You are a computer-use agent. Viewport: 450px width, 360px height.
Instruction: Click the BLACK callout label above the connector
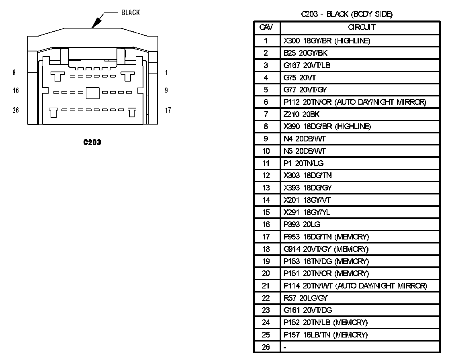pyautogui.click(x=131, y=12)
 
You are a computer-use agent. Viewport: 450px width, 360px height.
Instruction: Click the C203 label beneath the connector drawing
pyautogui.click(x=92, y=142)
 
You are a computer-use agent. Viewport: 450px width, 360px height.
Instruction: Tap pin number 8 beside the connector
pyautogui.click(x=14, y=73)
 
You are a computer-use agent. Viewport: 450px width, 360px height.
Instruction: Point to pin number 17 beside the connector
pyautogui.click(x=168, y=110)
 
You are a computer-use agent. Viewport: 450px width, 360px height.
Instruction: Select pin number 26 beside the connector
pyautogui.click(x=16, y=110)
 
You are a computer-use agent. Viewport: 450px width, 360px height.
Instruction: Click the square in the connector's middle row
pyautogui.click(x=92, y=93)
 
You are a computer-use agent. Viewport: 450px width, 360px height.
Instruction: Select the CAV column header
pyautogui.click(x=266, y=27)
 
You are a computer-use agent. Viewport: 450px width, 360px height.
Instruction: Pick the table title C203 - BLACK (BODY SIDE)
pyautogui.click(x=347, y=14)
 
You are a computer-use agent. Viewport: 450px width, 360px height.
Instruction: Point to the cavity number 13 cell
pyautogui.click(x=266, y=188)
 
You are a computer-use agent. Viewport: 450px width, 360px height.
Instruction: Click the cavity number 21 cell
pyautogui.click(x=266, y=286)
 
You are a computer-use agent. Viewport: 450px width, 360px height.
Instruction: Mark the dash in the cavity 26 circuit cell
pyautogui.click(x=285, y=347)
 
